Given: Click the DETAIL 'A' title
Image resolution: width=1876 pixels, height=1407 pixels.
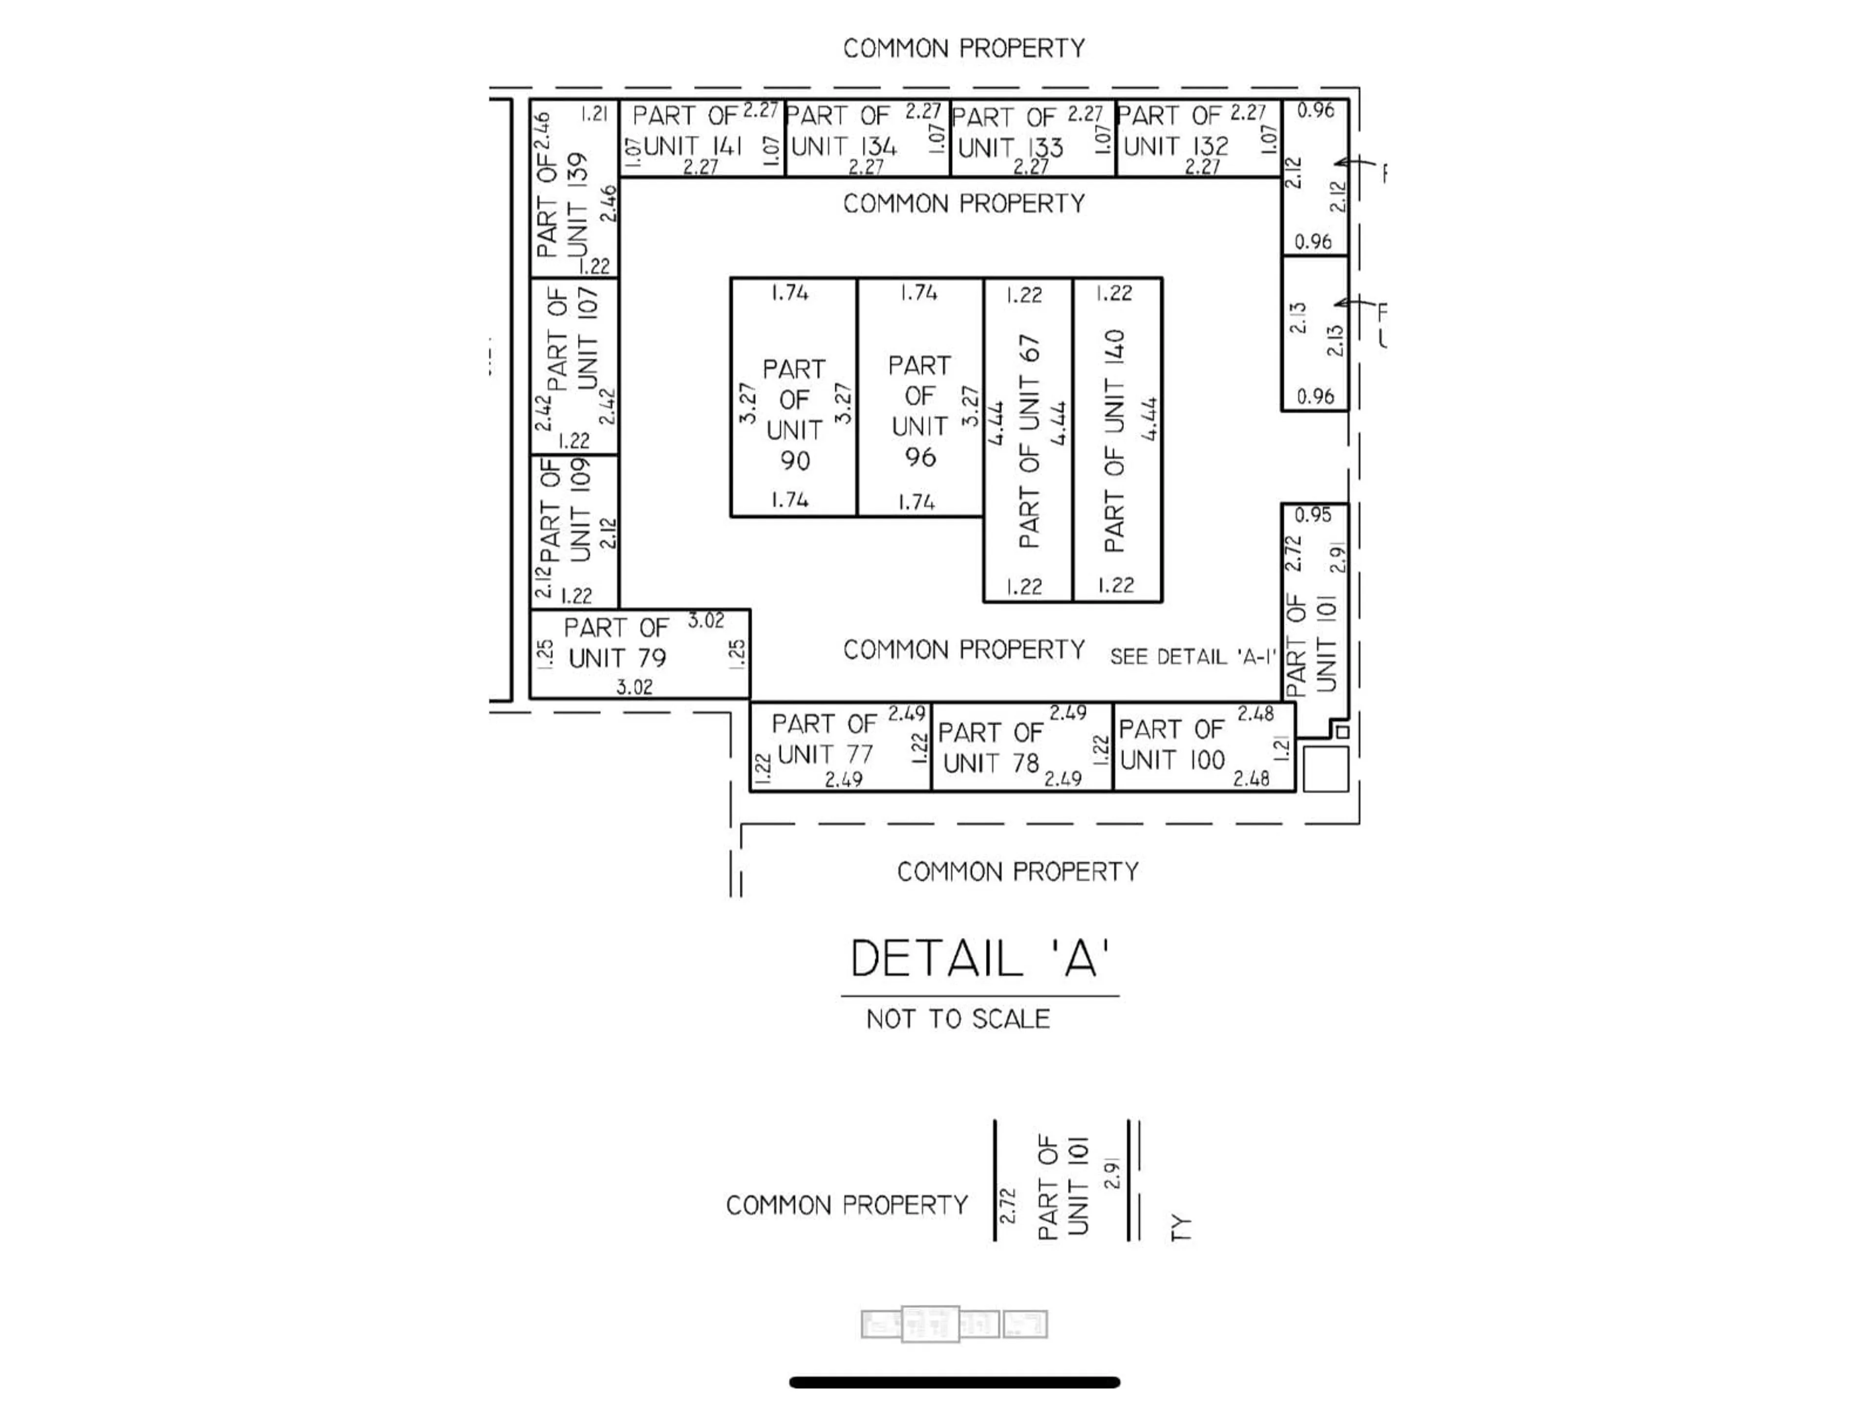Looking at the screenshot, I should click(x=980, y=959).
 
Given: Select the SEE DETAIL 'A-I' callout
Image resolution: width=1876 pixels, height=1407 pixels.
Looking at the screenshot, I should click(x=1193, y=657).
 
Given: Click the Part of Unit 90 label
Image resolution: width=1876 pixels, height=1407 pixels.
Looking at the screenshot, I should click(x=794, y=415).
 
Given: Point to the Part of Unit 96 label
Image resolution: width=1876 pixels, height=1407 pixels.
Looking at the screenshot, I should click(x=919, y=411).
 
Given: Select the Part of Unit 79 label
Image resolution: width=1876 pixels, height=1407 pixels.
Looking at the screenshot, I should click(x=617, y=643).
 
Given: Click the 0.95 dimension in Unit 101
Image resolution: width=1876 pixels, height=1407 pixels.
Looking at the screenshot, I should click(x=1313, y=515).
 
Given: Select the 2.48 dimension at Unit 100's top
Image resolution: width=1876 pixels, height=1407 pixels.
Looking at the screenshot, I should click(x=1255, y=714).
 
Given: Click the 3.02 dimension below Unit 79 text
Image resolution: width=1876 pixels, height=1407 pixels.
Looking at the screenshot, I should click(x=634, y=687).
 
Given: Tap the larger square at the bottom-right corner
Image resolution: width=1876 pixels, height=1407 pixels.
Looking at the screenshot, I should click(x=1325, y=768).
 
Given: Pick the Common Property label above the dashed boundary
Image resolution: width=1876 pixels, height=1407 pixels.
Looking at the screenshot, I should click(x=963, y=48).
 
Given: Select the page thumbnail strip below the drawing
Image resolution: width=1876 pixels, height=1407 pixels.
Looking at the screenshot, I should click(x=954, y=1324).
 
